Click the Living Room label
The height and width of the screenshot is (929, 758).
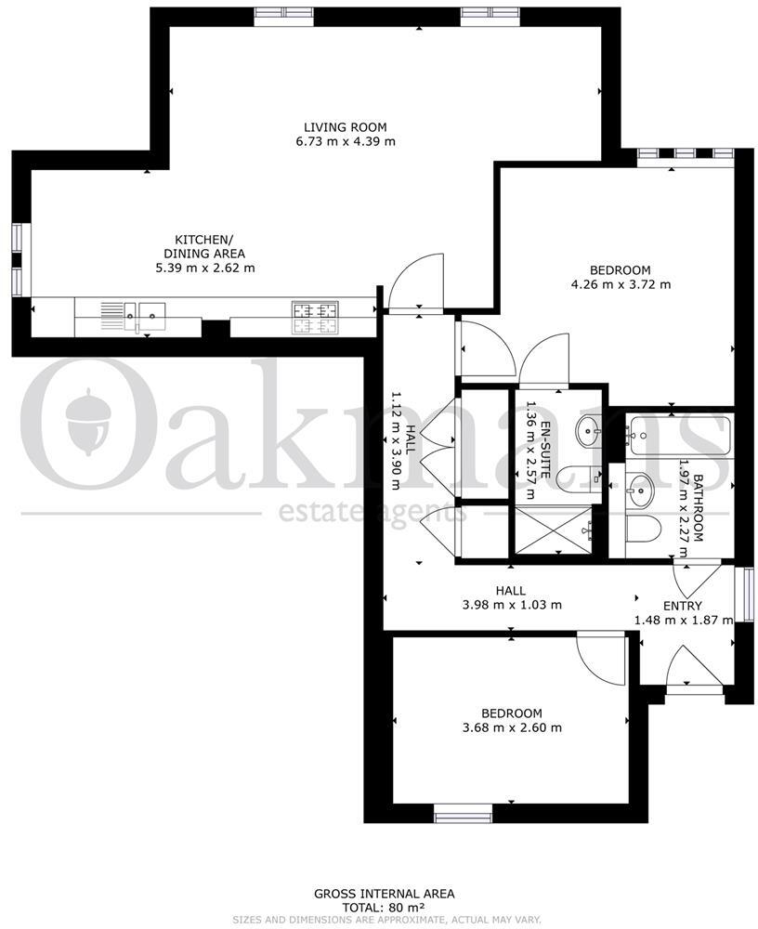345,127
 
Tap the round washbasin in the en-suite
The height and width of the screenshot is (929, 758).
588,430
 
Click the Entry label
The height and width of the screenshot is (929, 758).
683,607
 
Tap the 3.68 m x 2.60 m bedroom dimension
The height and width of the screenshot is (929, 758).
512,727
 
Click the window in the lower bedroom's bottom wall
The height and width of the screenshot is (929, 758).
463,817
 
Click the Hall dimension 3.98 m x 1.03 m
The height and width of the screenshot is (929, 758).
512,605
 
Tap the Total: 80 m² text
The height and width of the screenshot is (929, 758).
384,907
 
